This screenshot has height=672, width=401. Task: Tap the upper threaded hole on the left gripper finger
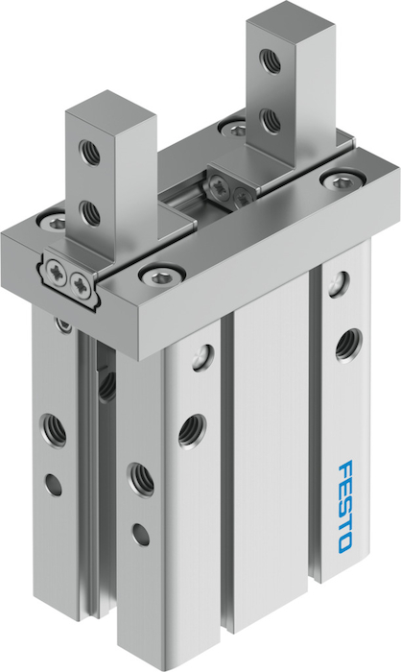pyautogui.click(x=89, y=152)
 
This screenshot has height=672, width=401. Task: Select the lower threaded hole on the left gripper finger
pyautogui.click(x=89, y=212)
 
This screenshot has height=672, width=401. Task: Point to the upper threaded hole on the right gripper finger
pyautogui.click(x=271, y=60)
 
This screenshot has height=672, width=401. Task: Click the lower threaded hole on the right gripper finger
pyautogui.click(x=271, y=120)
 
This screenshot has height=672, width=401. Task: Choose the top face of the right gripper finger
pyautogui.click(x=290, y=17)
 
